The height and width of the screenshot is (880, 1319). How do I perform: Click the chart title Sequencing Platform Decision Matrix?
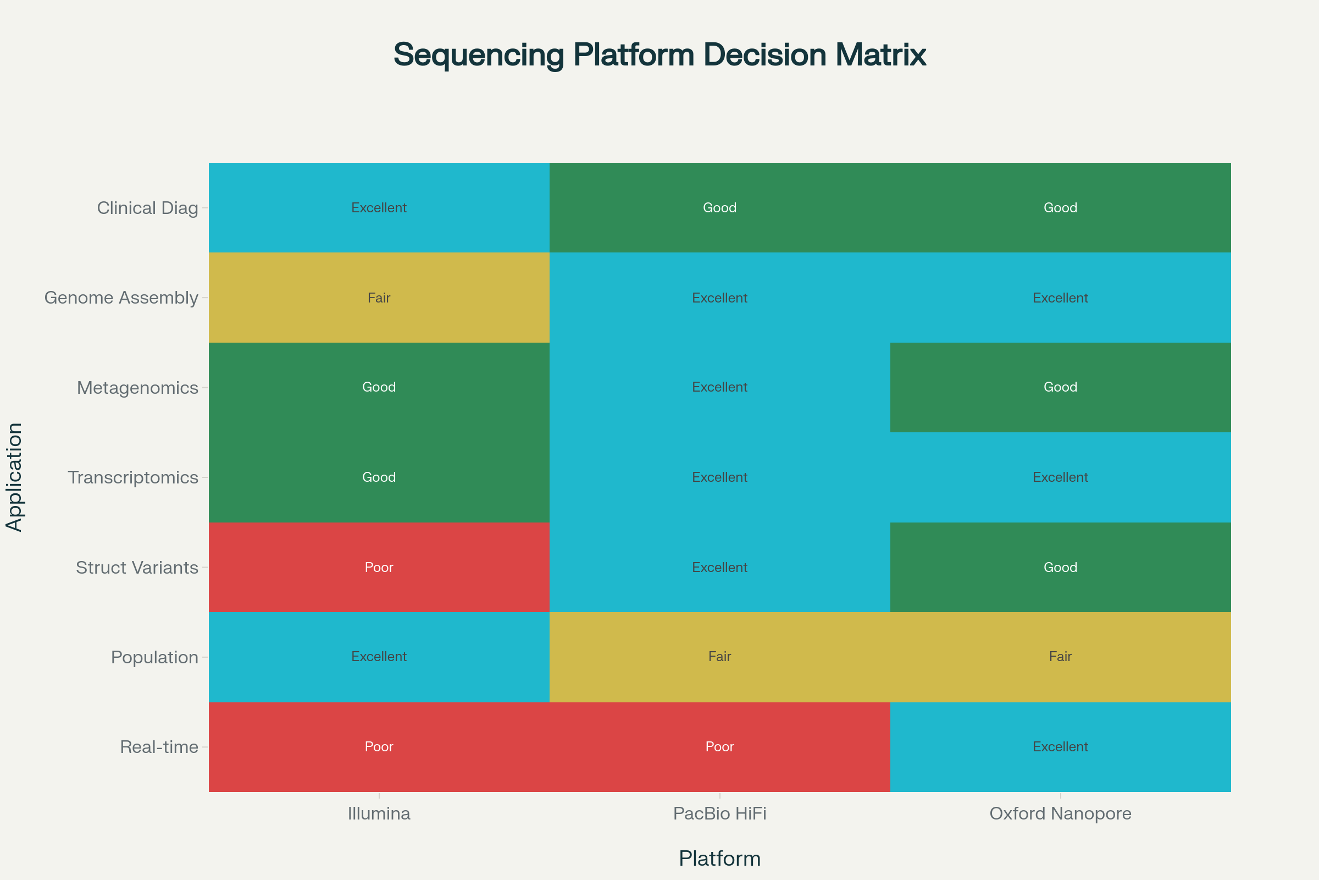click(659, 55)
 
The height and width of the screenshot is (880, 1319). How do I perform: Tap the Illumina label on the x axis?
click(379, 813)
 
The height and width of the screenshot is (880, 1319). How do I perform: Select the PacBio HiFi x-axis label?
click(719, 813)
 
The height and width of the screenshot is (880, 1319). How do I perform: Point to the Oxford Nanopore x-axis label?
click(1060, 813)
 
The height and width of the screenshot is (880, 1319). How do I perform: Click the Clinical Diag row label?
click(147, 208)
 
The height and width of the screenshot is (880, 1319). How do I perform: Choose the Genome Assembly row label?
click(121, 298)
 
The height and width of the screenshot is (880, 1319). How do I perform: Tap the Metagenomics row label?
click(137, 387)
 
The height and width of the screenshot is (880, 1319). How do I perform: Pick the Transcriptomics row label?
click(133, 477)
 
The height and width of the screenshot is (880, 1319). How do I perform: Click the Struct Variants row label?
click(137, 568)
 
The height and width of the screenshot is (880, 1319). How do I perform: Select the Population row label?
click(154, 657)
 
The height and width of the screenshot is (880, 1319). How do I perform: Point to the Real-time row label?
click(159, 747)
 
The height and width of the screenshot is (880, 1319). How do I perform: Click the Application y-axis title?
click(14, 477)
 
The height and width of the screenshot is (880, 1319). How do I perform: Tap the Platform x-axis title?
click(719, 859)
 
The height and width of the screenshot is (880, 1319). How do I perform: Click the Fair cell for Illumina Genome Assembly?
click(379, 298)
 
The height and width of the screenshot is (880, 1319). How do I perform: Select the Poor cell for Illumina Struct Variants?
click(379, 568)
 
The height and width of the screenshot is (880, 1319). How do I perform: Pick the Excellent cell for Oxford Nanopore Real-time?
click(1060, 747)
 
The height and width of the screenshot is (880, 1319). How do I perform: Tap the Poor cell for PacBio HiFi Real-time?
click(719, 747)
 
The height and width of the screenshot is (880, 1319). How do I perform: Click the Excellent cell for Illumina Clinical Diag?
click(379, 208)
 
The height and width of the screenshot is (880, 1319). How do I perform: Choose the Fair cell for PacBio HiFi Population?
click(719, 657)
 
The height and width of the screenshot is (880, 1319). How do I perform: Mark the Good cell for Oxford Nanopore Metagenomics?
click(1060, 387)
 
